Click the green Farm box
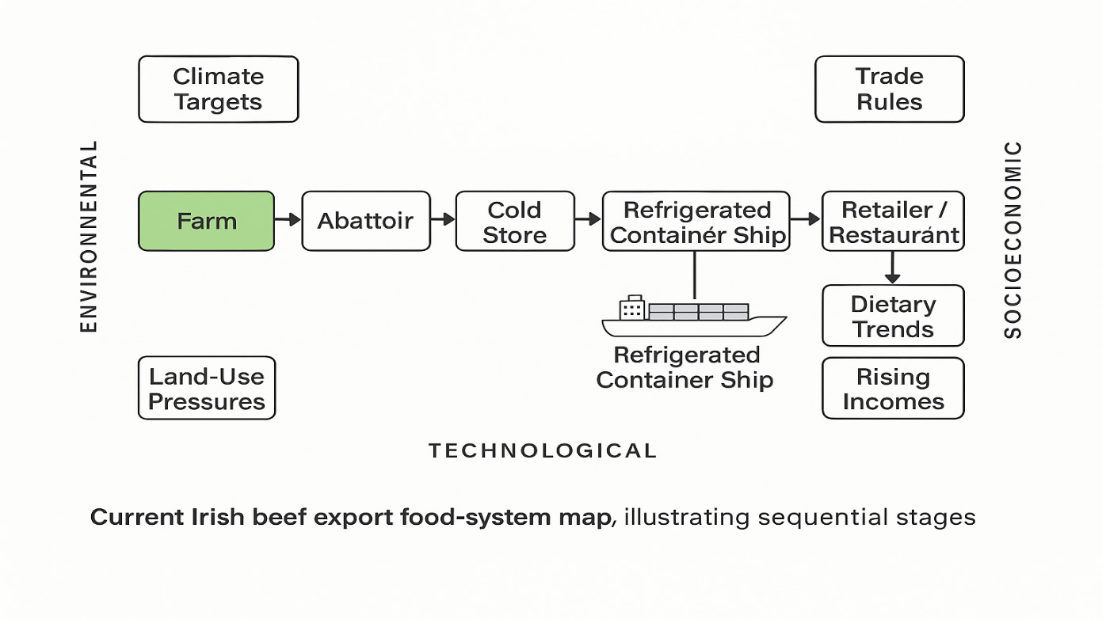tap(207, 221)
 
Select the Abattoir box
tap(365, 221)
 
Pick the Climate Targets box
tap(218, 89)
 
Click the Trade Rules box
tap(889, 89)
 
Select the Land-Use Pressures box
tap(206, 388)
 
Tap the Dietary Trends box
tap(893, 316)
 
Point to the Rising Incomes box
tap(893, 388)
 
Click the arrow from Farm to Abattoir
tap(288, 220)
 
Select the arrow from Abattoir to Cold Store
tap(442, 220)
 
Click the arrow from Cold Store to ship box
tap(588, 220)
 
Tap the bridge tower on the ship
tap(632, 308)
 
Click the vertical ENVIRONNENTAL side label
tap(90, 236)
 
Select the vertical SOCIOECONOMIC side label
tap(1013, 239)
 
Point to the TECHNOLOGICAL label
tap(543, 451)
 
